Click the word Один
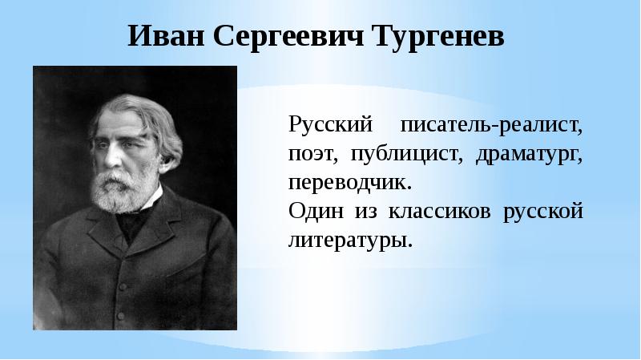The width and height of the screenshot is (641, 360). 314,211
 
